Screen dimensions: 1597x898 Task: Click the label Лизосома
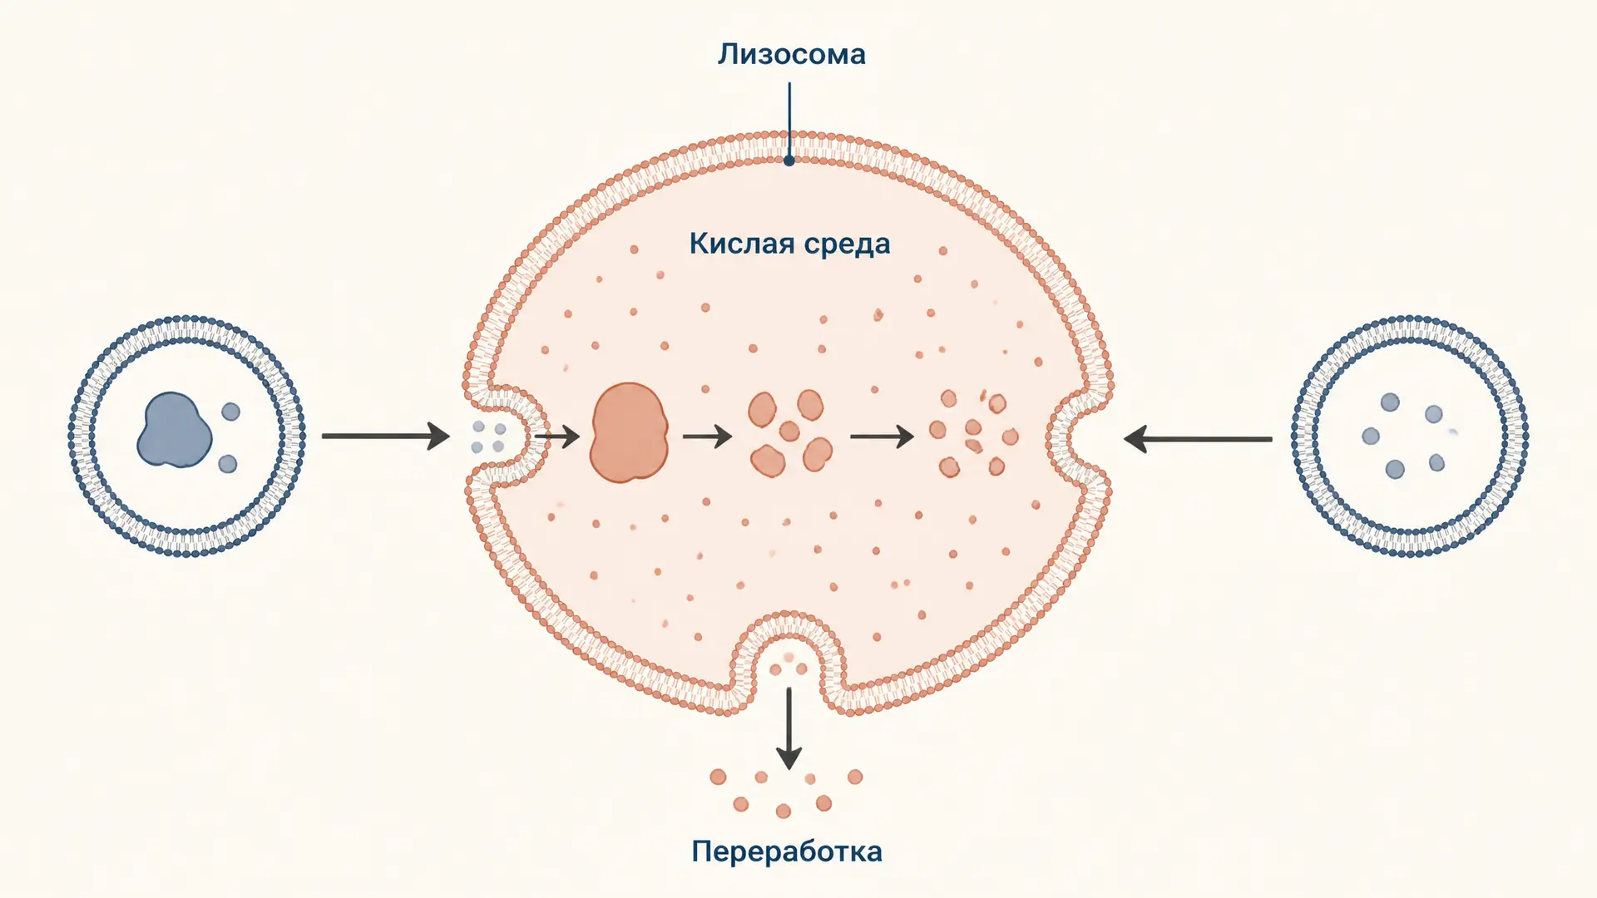791,54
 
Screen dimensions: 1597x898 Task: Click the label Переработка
787,851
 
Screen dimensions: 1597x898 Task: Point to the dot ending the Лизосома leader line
789,160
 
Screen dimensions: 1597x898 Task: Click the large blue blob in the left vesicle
174,430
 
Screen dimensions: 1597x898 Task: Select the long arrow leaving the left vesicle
386,436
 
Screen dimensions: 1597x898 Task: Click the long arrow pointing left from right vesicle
1198,438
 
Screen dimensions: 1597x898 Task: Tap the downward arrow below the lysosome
789,728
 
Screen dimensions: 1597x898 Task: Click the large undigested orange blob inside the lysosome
629,433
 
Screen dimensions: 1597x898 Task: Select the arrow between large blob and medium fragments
707,436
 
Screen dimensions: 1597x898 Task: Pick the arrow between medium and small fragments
882,436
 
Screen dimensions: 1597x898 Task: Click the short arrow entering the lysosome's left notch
556,436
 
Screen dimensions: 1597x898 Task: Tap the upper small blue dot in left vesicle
230,411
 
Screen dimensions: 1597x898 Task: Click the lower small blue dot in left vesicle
227,464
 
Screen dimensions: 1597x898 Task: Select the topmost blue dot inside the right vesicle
1390,402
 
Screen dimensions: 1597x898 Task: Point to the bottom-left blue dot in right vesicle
1395,470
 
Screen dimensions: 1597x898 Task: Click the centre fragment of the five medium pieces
789,431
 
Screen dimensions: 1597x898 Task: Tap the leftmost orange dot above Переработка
718,777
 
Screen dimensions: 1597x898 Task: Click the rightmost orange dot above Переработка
855,777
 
